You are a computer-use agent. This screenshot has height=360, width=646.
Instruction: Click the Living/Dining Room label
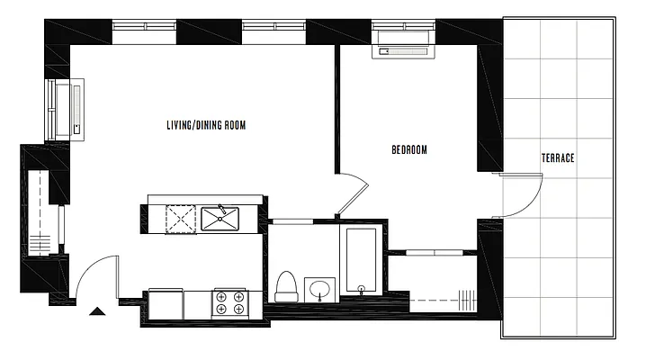point(205,125)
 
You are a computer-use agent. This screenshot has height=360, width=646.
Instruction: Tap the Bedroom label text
point(408,149)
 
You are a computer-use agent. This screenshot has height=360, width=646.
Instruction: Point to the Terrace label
point(558,157)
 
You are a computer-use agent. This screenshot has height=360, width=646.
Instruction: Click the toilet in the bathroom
point(287,285)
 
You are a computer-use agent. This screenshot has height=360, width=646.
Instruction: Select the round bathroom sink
point(319,290)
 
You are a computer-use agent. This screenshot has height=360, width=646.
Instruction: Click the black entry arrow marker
point(98,312)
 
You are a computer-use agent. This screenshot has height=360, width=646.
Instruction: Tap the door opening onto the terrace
point(522,195)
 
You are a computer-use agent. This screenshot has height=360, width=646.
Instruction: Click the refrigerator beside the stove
point(166,302)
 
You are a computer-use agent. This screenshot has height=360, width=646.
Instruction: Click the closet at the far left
point(40,212)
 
